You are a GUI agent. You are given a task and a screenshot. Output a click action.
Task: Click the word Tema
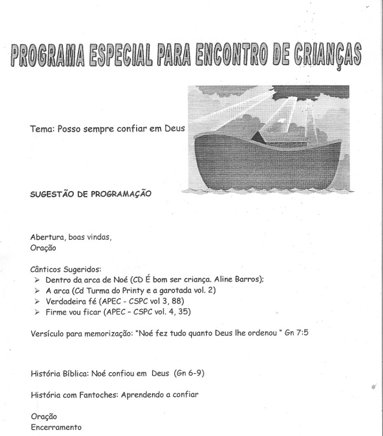[42, 129]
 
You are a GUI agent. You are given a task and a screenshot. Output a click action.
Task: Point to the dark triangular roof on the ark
[258, 137]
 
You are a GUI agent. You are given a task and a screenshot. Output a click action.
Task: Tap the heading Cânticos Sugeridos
[66, 269]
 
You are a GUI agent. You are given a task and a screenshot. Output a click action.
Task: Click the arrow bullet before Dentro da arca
[37, 280]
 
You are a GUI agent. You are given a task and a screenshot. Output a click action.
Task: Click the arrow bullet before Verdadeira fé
[37, 302]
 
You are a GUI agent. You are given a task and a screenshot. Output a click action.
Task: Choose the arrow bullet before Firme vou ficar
[37, 313]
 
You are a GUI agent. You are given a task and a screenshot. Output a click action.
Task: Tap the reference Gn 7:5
[296, 334]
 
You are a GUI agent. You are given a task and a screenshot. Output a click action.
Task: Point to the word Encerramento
[55, 427]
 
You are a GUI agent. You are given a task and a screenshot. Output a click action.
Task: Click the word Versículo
[48, 334]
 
